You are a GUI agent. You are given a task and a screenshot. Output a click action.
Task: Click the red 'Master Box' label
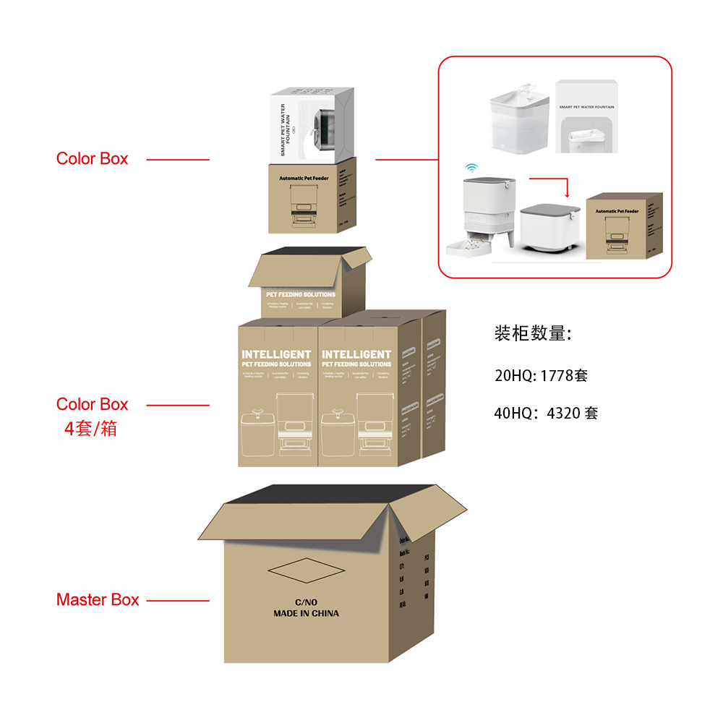tap(98, 599)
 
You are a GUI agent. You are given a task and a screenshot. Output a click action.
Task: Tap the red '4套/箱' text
tap(90, 428)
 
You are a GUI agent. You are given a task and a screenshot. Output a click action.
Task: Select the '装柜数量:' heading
tap(534, 333)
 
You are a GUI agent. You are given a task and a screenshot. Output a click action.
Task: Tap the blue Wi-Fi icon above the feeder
tap(471, 167)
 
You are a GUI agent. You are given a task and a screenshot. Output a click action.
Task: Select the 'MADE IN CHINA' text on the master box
tap(306, 613)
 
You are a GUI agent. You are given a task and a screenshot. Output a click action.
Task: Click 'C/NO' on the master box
tap(306, 602)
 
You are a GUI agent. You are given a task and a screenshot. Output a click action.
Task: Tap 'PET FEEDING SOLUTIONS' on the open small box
tap(301, 295)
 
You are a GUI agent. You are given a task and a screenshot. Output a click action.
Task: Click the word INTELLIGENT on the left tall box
tap(276, 354)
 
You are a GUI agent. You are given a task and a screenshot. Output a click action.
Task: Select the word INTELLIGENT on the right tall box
tap(356, 354)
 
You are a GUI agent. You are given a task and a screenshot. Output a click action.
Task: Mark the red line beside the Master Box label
tap(178, 600)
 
